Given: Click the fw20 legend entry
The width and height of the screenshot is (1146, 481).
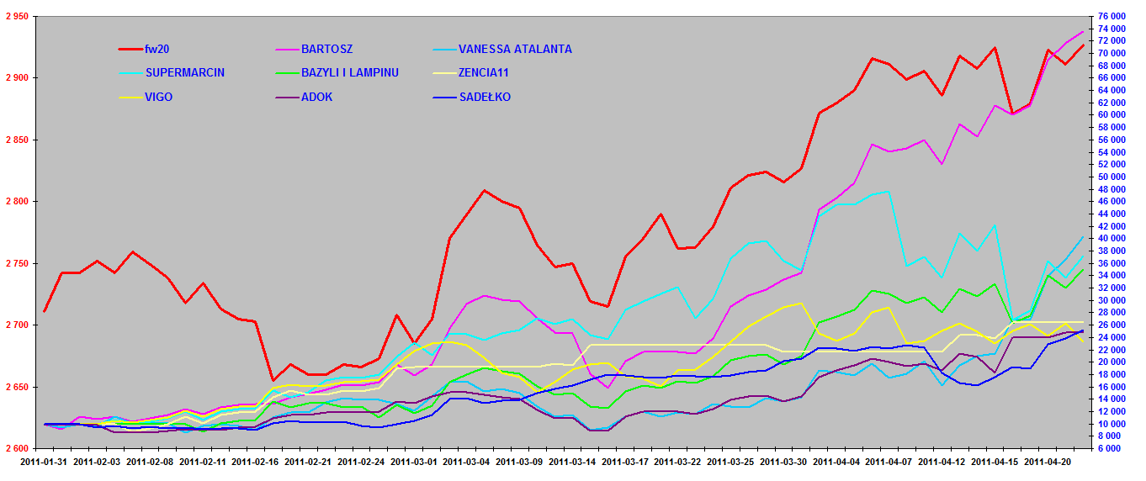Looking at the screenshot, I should point(159,50).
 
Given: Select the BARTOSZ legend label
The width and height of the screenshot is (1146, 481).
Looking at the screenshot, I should point(326,50).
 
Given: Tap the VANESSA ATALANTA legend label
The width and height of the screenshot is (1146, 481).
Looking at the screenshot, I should point(515,50).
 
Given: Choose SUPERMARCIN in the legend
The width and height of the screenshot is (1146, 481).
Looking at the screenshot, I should point(184,73).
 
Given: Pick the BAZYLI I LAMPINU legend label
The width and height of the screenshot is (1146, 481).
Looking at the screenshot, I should point(349,73).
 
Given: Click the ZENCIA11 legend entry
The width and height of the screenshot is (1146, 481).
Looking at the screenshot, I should point(484,73).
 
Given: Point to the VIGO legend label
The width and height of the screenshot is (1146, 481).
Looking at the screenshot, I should point(160,97).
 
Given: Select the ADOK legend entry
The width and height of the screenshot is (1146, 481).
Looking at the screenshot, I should point(316,97).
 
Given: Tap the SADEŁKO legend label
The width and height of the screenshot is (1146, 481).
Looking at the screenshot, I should point(485,97).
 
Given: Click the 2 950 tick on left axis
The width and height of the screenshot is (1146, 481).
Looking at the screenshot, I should point(16,16).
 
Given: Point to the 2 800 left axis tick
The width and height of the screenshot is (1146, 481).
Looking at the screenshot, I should point(16,202).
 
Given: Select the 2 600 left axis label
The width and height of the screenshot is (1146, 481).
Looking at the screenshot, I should point(16,449).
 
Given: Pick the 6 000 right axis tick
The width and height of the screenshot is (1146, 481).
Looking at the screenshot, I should point(1128,449).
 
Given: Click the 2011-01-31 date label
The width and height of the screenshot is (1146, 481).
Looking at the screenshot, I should point(43,462).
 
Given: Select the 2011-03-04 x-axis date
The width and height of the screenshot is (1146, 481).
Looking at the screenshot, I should point(466,462).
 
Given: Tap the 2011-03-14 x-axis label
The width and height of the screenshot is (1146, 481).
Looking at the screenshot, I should point(572,462).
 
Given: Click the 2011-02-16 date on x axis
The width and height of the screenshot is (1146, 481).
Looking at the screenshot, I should point(255,462).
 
